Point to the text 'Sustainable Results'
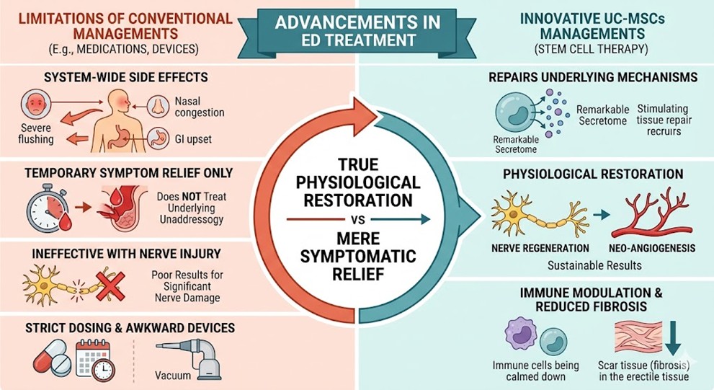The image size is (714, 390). click(x=594, y=265)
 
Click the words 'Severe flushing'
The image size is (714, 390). click(x=34, y=133)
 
